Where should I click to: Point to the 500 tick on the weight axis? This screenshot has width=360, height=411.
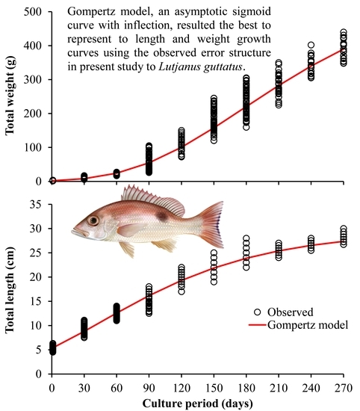[x=30, y=12]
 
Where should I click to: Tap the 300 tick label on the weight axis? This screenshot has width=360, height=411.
[x=30, y=79]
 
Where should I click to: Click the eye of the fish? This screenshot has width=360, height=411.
[x=93, y=220]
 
